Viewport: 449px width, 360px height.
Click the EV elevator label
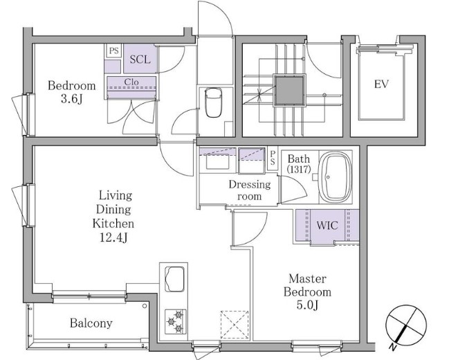(x=381, y=84)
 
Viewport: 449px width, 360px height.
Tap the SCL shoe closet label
(x=140, y=60)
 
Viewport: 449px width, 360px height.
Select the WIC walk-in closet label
(x=327, y=226)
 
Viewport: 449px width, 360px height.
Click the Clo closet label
(x=131, y=82)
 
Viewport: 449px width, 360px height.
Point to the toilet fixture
(x=213, y=102)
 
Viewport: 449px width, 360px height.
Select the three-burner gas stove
(x=176, y=322)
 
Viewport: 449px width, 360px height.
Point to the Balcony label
(x=91, y=323)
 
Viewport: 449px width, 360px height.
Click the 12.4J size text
(x=113, y=237)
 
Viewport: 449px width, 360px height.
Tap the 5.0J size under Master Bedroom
(x=307, y=305)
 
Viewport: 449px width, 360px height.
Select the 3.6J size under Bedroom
(x=71, y=99)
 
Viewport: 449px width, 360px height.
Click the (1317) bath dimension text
(x=299, y=169)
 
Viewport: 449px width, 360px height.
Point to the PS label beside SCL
(x=113, y=51)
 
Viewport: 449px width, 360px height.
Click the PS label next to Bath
(x=273, y=158)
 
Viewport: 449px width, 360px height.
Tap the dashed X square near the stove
(x=235, y=325)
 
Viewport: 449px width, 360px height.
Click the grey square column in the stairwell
(x=289, y=91)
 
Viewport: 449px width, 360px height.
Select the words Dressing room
(x=250, y=190)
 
